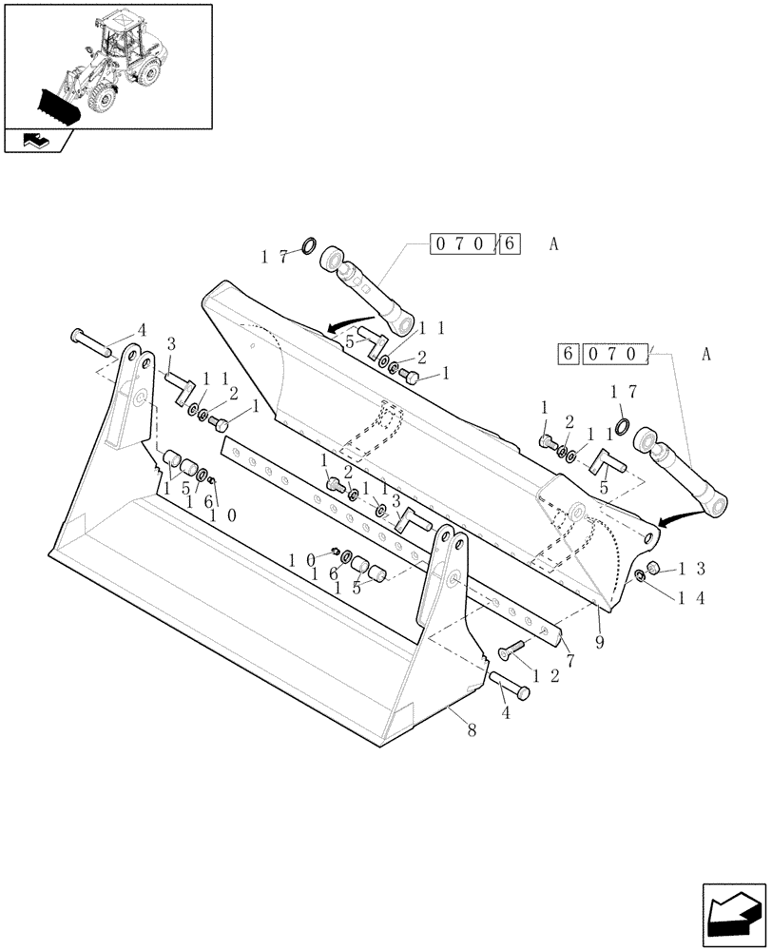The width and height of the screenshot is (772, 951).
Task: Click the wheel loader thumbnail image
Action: tap(106, 65)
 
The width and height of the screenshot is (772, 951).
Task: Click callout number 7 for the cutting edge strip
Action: tap(569, 659)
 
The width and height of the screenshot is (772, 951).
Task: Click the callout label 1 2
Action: tap(546, 675)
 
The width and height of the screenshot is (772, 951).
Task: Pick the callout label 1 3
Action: tap(693, 569)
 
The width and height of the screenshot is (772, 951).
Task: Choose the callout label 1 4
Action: tap(692, 598)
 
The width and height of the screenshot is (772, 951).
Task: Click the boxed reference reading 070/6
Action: tap(475, 243)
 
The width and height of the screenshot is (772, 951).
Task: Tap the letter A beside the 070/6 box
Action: tap(553, 243)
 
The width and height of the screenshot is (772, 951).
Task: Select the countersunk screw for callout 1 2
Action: tap(511, 650)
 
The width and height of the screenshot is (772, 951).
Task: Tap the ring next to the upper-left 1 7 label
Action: tap(309, 248)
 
